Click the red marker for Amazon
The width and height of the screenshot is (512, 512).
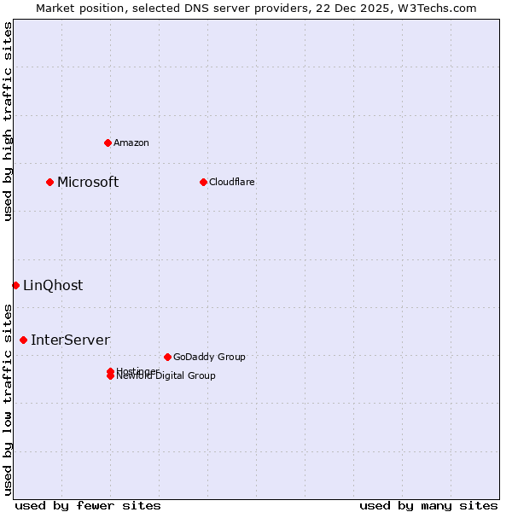(x=108, y=143)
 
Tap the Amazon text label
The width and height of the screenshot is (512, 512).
(x=131, y=143)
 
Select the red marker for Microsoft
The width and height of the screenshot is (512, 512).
(x=50, y=182)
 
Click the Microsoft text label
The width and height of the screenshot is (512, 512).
(x=88, y=182)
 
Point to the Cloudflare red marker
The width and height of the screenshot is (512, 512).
(x=203, y=182)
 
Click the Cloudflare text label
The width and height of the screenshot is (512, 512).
(x=231, y=182)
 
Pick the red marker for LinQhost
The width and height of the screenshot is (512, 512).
(x=15, y=285)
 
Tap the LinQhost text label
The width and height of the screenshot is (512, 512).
(x=53, y=285)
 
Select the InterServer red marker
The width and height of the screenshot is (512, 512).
(x=23, y=340)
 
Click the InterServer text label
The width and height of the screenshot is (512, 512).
(x=70, y=340)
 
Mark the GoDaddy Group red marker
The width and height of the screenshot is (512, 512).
(x=167, y=357)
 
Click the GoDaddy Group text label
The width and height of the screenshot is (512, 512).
(x=209, y=357)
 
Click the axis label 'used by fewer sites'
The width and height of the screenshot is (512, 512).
(x=88, y=505)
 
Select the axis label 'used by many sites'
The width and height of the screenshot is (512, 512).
(x=428, y=505)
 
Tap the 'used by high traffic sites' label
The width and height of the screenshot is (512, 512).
(x=8, y=121)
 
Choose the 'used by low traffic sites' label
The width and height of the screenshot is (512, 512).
(x=8, y=399)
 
